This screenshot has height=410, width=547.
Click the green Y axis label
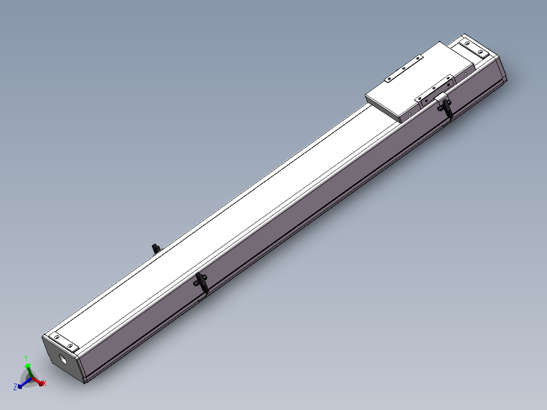point(26,358)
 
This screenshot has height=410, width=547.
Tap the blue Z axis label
point(15,387)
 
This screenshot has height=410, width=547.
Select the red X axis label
point(44,383)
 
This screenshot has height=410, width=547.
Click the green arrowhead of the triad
point(28,366)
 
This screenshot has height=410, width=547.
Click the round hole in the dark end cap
point(63,359)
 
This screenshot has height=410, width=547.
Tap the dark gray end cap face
point(63,359)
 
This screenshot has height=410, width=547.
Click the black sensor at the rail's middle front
point(201,282)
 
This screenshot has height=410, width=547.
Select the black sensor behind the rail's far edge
point(156,249)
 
